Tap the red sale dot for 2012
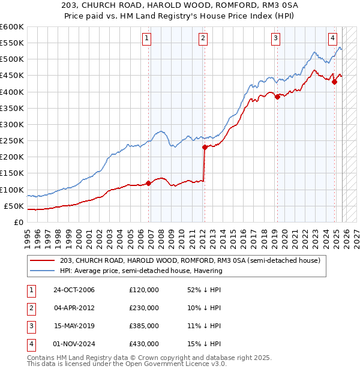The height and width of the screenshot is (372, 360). pyautogui.click(x=205, y=147)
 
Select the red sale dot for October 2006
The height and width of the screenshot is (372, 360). pyautogui.click(x=149, y=183)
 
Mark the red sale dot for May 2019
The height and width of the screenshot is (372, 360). pyautogui.click(x=277, y=97)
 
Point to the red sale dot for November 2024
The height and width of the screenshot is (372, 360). pyautogui.click(x=335, y=82)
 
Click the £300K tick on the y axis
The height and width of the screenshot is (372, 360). pyautogui.click(x=12, y=124)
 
